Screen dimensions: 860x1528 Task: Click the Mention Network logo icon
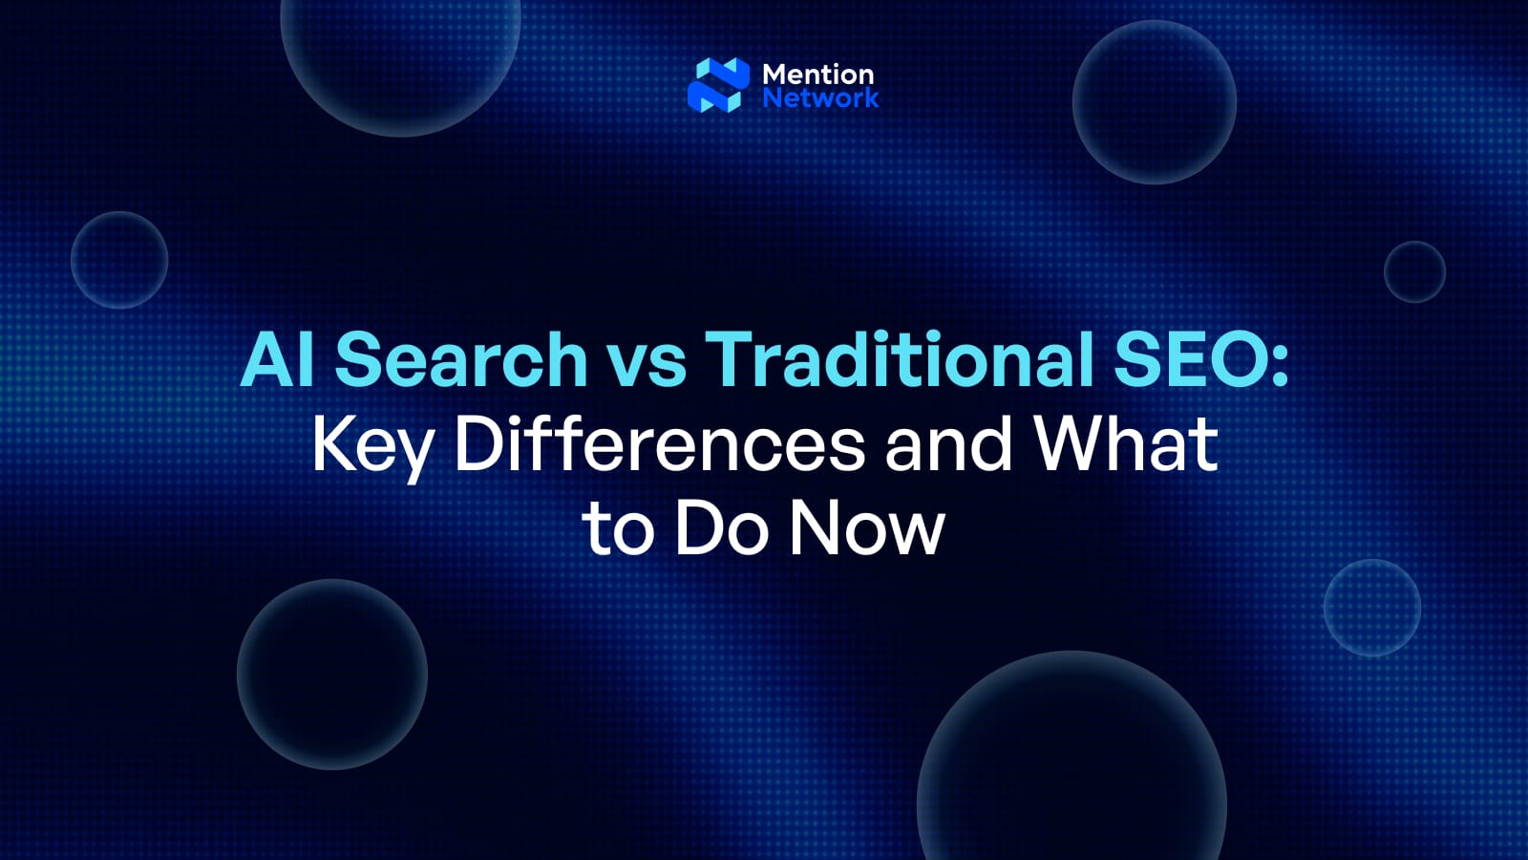pos(718,85)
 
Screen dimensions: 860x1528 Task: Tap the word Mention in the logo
pos(818,74)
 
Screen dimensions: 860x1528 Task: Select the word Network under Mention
pos(820,97)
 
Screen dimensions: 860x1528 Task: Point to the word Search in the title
pos(461,359)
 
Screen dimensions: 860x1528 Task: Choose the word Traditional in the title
pos(899,359)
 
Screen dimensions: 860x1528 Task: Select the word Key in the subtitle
pos(371,445)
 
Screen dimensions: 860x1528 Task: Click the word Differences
pos(659,443)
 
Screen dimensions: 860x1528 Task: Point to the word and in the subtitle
pos(948,443)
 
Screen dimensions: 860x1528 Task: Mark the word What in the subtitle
pos(1127,443)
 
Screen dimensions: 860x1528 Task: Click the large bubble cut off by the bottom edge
pos(1072,764)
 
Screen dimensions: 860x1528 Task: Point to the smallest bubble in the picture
pos(1414,272)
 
